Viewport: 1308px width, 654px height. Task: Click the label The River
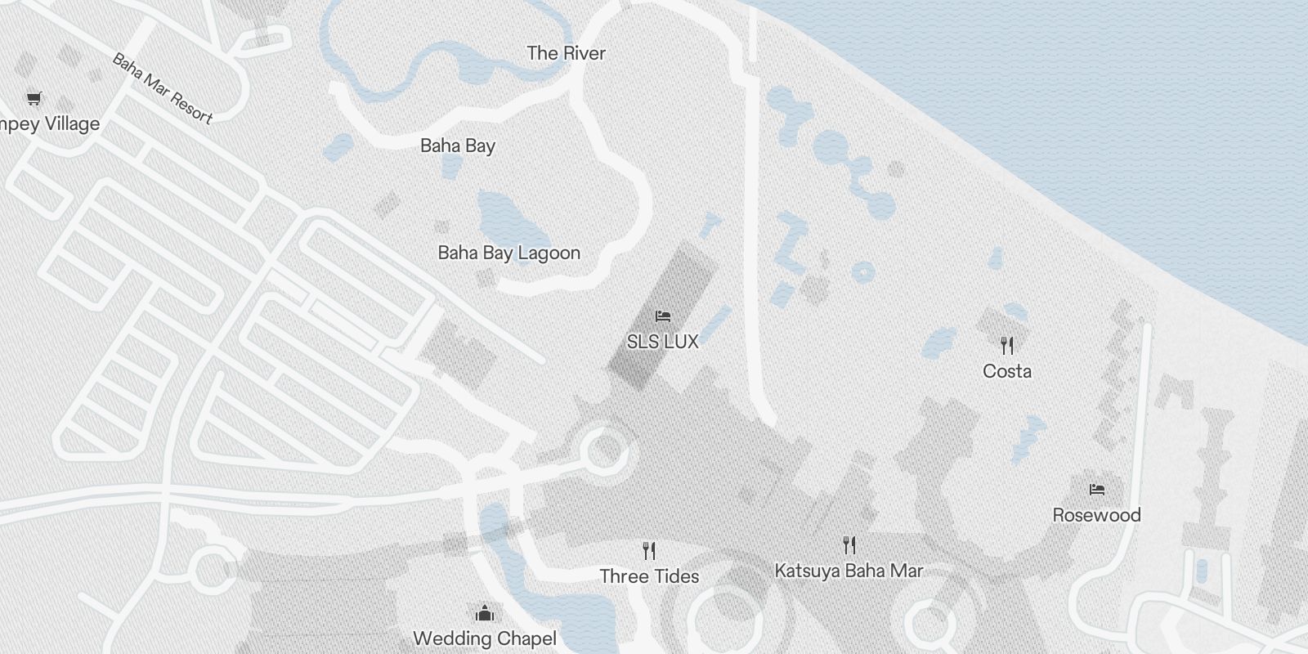point(566,53)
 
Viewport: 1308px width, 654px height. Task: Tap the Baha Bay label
point(458,146)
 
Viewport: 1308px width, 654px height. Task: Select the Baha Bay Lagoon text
point(508,253)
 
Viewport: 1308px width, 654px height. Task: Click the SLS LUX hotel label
point(662,342)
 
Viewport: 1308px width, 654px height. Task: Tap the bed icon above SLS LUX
point(663,316)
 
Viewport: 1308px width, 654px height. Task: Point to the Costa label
point(1007,371)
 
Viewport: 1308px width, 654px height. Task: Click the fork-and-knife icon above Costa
point(1007,346)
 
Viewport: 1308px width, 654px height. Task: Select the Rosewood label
point(1096,515)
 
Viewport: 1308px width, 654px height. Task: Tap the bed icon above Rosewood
point(1097,490)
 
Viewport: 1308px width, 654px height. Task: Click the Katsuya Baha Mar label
point(849,570)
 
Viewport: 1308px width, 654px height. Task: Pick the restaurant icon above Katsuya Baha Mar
point(849,544)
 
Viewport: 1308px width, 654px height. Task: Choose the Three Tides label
point(649,576)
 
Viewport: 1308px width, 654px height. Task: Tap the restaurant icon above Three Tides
point(649,550)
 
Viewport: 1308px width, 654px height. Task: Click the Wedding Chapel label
point(485,638)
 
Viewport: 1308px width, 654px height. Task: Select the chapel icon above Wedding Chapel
point(485,613)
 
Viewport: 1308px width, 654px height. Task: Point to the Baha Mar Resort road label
point(162,88)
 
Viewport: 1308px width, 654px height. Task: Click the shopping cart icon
point(34,99)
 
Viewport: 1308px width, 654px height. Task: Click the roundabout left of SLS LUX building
point(604,450)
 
